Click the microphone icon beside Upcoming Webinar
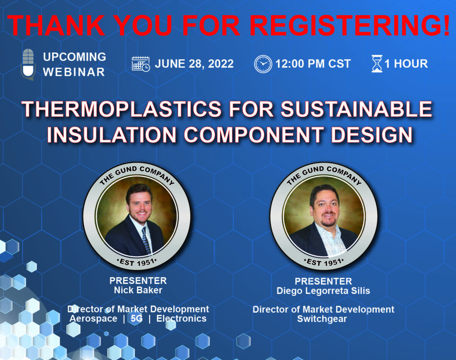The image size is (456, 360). pyautogui.click(x=28, y=64)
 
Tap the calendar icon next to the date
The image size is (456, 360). pyautogui.click(x=141, y=64)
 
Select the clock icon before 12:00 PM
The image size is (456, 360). pyautogui.click(x=263, y=64)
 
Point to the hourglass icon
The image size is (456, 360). pyautogui.click(x=377, y=64)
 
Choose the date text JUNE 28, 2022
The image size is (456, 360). pyautogui.click(x=194, y=64)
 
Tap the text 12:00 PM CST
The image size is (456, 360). pyautogui.click(x=313, y=64)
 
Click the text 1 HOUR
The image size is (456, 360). pyautogui.click(x=406, y=64)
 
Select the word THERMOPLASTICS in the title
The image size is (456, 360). pyautogui.click(x=122, y=109)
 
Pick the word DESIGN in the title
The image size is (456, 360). pyautogui.click(x=372, y=135)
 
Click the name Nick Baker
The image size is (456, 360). pyautogui.click(x=138, y=290)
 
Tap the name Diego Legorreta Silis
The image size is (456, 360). pyautogui.click(x=323, y=291)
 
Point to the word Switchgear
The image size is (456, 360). pyautogui.click(x=322, y=319)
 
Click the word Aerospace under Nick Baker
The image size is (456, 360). pyautogui.click(x=94, y=319)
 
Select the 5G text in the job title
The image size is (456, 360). pyautogui.click(x=137, y=319)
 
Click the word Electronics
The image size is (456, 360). pyautogui.click(x=182, y=319)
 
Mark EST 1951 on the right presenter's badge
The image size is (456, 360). pyautogui.click(x=324, y=262)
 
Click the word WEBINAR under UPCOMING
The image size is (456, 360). pyautogui.click(x=74, y=72)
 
